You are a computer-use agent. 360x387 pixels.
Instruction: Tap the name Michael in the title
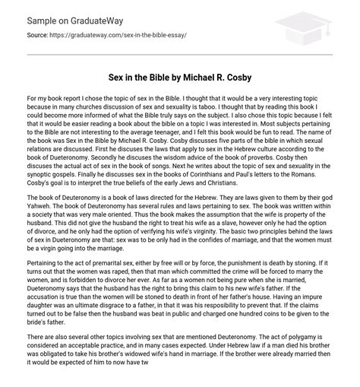tap(224, 78)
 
